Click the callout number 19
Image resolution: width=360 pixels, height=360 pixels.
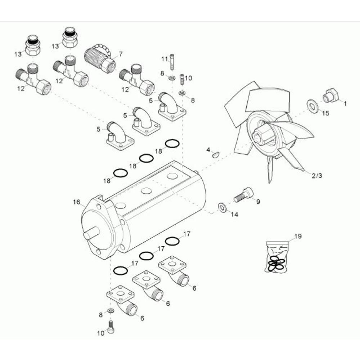[x=298, y=236]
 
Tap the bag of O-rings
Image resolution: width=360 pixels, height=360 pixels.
[x=276, y=257]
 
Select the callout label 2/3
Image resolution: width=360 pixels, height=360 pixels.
[x=317, y=176]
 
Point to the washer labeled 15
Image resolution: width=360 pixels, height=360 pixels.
[x=312, y=106]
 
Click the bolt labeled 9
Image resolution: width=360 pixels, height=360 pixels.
[x=244, y=195]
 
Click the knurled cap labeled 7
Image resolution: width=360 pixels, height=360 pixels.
[x=99, y=58]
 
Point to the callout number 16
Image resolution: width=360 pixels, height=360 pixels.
[x=77, y=202]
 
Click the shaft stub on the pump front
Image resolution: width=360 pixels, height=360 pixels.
[x=91, y=233]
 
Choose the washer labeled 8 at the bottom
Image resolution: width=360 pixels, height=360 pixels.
[x=111, y=311]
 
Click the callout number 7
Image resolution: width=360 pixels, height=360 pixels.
[x=120, y=54]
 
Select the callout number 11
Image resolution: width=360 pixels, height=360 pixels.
[x=165, y=59]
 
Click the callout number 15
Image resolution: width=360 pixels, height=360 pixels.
[x=325, y=113]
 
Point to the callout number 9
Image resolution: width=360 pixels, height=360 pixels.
[x=258, y=202]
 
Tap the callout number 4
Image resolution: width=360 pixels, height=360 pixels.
[x=208, y=150]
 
